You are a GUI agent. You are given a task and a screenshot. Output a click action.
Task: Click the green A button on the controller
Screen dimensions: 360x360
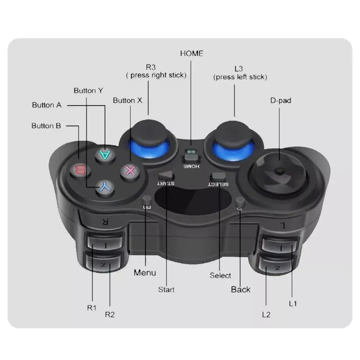(105, 155)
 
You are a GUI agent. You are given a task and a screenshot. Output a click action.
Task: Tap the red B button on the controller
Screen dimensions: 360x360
(80, 169)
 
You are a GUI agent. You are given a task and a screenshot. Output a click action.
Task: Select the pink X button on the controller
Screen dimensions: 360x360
(130, 170)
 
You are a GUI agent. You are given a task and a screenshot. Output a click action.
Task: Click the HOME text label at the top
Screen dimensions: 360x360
(192, 54)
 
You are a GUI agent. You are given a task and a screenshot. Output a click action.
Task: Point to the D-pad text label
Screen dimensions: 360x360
(280, 100)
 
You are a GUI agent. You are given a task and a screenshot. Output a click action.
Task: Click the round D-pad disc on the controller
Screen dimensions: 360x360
(279, 172)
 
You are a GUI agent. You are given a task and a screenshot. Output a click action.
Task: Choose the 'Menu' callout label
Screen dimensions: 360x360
(145, 273)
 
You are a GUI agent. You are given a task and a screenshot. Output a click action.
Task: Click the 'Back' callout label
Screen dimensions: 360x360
(240, 289)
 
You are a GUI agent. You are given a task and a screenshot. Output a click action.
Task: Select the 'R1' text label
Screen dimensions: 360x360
(92, 308)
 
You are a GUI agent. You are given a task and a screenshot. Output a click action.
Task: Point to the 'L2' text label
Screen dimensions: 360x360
(266, 314)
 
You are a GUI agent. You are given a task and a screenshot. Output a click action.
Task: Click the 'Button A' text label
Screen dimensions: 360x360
(47, 105)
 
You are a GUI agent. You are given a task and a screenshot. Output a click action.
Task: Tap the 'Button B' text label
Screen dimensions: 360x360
(46, 126)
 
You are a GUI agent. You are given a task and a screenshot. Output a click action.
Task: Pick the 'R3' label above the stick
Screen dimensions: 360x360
(150, 67)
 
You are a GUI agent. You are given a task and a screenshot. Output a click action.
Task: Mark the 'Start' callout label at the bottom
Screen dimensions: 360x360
(166, 289)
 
